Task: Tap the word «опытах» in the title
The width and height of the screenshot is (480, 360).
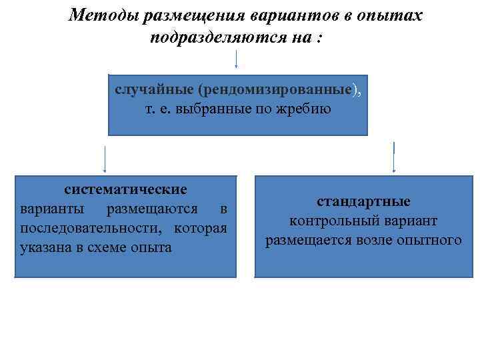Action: tap(395, 15)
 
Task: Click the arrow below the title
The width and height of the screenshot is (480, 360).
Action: tap(237, 61)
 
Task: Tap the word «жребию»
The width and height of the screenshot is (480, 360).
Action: tap(306, 108)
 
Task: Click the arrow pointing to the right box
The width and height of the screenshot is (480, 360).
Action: tap(394, 157)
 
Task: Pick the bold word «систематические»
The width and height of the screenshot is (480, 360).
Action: tap(125, 190)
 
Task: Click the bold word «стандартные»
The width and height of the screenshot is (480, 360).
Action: tap(363, 201)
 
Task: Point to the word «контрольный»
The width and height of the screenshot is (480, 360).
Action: tap(328, 221)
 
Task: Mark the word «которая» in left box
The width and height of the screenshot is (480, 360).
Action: tap(201, 229)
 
